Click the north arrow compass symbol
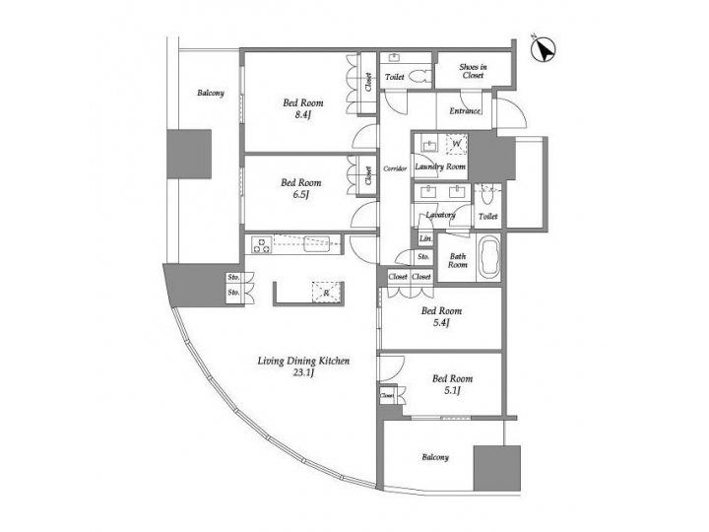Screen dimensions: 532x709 (544, 45)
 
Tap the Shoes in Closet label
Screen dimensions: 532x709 (474, 71)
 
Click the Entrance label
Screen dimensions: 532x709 (464, 110)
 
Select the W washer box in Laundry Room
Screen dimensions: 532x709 (456, 143)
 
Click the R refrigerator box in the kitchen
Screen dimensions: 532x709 (322, 292)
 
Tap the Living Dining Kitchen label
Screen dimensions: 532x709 (304, 362)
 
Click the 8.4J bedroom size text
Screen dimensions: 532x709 (301, 114)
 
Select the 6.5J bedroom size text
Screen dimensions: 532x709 (300, 195)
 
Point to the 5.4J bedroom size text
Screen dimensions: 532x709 (440, 323)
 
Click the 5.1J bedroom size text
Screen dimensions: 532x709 (452, 391)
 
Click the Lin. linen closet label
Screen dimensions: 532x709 (425, 239)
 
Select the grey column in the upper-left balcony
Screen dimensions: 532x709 (189, 153)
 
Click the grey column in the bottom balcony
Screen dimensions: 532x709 (495, 468)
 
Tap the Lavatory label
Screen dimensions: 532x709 (439, 215)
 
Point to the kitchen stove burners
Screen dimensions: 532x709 (261, 242)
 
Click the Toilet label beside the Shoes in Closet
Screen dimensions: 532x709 (395, 76)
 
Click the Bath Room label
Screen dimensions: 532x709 (458, 261)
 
